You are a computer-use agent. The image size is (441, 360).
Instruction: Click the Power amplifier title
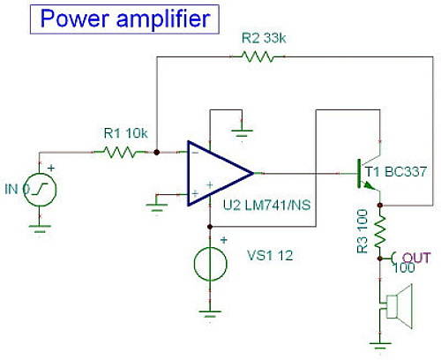pyautogui.click(x=124, y=19)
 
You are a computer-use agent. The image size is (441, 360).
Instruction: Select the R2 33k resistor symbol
pyautogui.click(x=258, y=56)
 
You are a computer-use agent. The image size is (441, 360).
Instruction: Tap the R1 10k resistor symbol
pyautogui.click(x=121, y=152)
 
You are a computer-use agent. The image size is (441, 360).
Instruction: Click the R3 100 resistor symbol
pyautogui.click(x=380, y=232)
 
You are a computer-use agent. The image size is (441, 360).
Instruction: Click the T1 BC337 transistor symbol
pyautogui.click(x=369, y=174)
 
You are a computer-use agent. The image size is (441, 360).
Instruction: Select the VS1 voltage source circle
pyautogui.click(x=210, y=264)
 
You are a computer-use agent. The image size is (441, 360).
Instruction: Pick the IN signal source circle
pyautogui.click(x=40, y=190)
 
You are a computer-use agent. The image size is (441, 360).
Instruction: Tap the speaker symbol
pyautogui.click(x=397, y=306)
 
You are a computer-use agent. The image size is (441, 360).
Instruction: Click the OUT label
pyautogui.click(x=416, y=258)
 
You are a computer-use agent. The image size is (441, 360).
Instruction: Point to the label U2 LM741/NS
pyautogui.click(x=267, y=205)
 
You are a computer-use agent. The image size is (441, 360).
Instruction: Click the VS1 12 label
pyautogui.click(x=270, y=255)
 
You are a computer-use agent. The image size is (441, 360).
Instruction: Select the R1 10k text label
pyautogui.click(x=125, y=133)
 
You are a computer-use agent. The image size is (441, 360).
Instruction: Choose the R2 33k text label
pyautogui.click(x=264, y=38)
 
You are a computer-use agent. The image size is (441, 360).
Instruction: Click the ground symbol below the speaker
pyautogui.click(x=380, y=344)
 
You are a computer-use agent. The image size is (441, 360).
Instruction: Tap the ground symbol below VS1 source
pyautogui.click(x=210, y=313)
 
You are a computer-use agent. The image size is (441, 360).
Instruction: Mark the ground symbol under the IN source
pyautogui.click(x=40, y=228)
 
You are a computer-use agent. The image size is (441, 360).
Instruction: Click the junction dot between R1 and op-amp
pyautogui.click(x=157, y=152)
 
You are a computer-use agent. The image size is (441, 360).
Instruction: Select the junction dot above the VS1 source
pyautogui.click(x=210, y=227)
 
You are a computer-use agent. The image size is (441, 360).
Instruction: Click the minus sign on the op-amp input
pyautogui.click(x=195, y=153)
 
